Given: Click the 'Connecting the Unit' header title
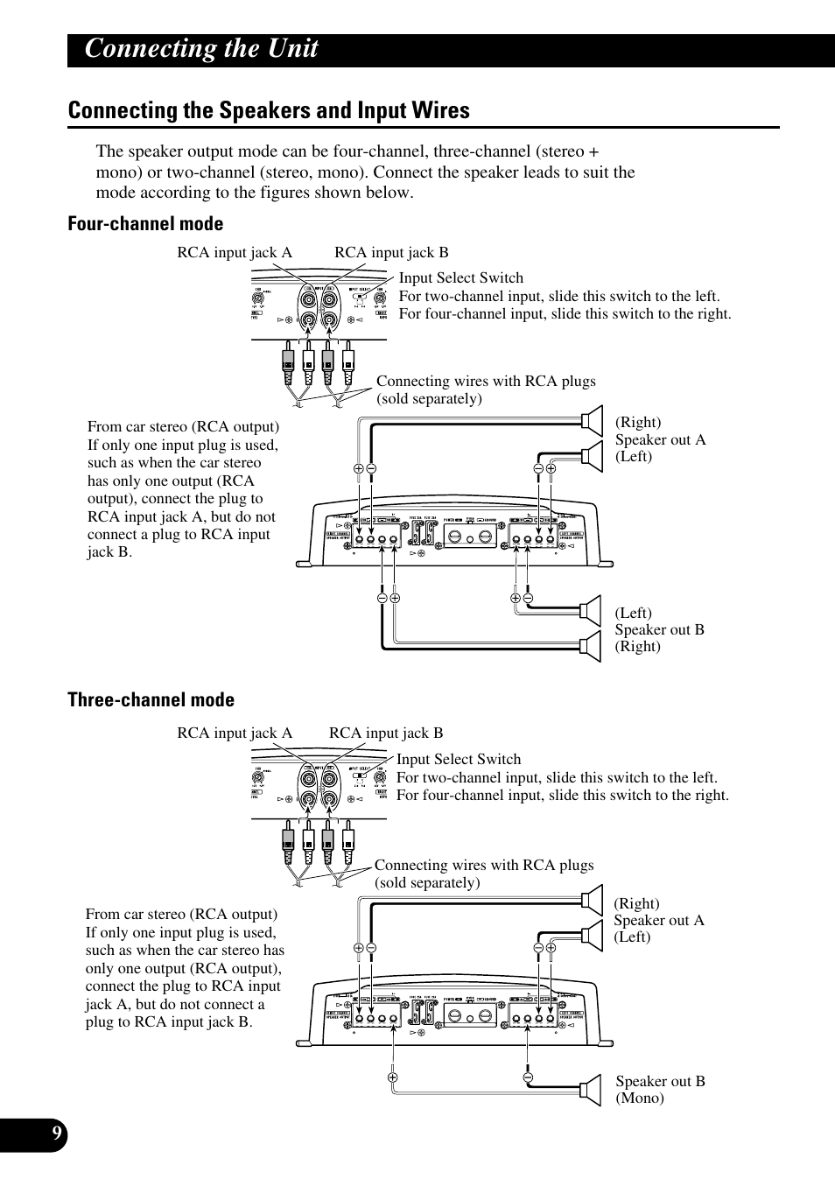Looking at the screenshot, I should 201,49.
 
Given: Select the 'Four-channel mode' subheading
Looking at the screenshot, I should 145,224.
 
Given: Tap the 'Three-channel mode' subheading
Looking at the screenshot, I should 151,699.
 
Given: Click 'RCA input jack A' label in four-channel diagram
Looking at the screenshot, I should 234,253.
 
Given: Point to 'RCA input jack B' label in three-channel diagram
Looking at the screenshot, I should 385,733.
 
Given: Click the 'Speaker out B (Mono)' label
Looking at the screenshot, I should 660,1090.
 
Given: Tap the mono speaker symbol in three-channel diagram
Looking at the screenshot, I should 594,1090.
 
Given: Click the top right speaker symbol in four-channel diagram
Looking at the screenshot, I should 594,421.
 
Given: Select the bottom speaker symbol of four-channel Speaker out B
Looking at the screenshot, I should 594,646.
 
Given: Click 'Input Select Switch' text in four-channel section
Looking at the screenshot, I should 460,278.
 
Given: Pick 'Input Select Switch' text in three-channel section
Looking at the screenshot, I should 458,760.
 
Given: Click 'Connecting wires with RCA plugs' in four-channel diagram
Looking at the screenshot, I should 486,382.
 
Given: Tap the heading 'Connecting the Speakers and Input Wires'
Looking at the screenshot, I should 269,110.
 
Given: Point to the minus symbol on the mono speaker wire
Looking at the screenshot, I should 529,1077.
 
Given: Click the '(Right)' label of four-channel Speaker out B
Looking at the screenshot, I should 637,647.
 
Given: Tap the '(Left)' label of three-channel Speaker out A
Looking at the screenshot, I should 632,937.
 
